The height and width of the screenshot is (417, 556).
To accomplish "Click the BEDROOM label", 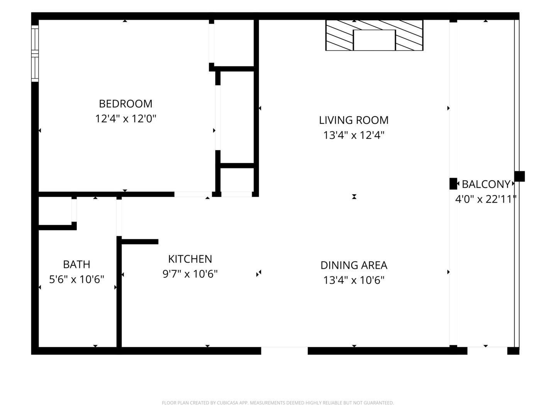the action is coord(125,103).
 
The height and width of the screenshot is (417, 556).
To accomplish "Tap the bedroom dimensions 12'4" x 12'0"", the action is coord(125,119).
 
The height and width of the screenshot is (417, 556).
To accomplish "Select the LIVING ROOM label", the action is coord(354,120).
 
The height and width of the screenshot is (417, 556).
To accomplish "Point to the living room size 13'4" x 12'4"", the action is coord(354,135).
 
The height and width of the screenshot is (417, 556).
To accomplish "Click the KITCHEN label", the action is coord(190,259).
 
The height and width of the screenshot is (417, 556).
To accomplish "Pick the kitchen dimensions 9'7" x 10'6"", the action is coord(190,274).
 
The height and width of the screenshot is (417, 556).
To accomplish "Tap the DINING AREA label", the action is coord(354,265).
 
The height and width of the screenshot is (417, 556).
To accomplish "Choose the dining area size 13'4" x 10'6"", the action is coord(354,280).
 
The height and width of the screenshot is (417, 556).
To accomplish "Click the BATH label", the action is coord(76,264).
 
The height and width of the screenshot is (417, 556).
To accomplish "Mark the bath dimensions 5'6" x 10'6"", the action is coord(76,279).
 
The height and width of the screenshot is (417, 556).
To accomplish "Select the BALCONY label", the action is coord(486,184).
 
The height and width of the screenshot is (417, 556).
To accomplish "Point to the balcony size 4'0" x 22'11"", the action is coord(485,199).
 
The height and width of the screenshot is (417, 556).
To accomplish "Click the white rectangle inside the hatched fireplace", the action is coord(374,40).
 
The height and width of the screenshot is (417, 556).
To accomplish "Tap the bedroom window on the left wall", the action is coord(35,54).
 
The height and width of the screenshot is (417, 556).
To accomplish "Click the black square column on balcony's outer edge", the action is coord(519,176).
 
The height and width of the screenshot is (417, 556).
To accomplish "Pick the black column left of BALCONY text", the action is coord(453,183).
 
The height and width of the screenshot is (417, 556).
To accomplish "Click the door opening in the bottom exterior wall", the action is coord(285,351).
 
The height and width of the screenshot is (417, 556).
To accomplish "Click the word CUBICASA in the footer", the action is coord(226,403).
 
